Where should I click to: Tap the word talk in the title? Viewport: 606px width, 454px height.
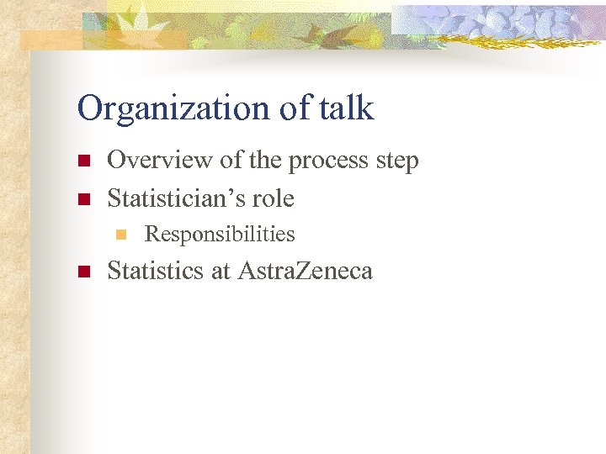click(x=347, y=108)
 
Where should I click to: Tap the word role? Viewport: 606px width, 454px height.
click(x=275, y=199)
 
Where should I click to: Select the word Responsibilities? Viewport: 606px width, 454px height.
click(x=220, y=235)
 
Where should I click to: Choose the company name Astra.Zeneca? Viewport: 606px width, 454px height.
click(x=305, y=271)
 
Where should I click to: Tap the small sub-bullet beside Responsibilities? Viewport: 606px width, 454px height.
click(x=120, y=235)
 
